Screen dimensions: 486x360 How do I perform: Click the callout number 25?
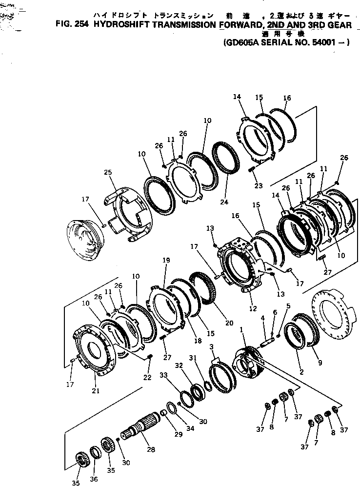[x=108, y=172]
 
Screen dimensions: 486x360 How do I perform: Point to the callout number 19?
[x=166, y=261]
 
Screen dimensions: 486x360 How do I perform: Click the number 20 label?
[x=216, y=323]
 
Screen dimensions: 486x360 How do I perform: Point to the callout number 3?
[x=212, y=346]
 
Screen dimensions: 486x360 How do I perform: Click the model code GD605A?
[x=239, y=42]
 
